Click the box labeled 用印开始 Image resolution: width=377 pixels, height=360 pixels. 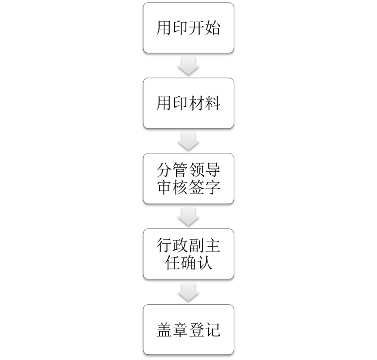pos(188,27)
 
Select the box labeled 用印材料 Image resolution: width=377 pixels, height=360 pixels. pos(188,103)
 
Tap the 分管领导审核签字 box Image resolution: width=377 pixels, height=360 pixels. pos(188,178)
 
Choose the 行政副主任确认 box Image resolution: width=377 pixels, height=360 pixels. pos(188,254)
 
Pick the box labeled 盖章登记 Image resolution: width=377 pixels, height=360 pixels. pos(188,329)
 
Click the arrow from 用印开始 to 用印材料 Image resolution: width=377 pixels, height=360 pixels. pos(188,66)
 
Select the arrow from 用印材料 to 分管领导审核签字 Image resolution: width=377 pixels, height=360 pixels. pos(188,141)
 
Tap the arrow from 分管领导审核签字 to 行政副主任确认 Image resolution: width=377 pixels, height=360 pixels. pos(188,217)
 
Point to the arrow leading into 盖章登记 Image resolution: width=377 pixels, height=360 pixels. pos(188,292)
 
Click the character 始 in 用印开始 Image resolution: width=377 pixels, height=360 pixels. pos(212,28)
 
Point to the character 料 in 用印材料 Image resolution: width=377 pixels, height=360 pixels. pos(212,103)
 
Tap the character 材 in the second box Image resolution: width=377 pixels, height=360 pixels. pos(196,103)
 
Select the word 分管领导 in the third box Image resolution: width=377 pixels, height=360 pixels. pos(188,170)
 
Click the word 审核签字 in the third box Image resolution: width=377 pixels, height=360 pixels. pos(188,187)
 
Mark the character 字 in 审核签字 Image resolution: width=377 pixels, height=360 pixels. pos(212,187)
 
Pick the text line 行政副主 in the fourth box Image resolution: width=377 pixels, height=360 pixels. pos(188,245)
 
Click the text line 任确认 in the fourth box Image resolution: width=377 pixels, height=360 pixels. pos(188,262)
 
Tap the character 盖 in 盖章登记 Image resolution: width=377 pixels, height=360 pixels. pos(165,329)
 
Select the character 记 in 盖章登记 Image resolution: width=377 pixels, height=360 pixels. pos(212,329)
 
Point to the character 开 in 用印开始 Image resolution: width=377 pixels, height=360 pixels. pos(196,28)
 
